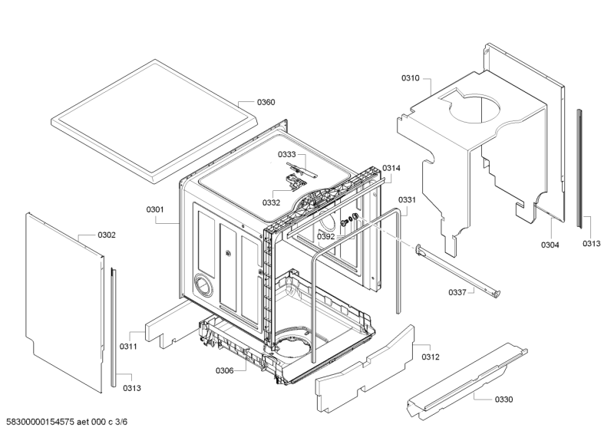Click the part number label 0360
point(266,102)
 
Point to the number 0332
point(271,202)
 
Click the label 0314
point(391,168)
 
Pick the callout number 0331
point(407,200)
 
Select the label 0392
point(325,237)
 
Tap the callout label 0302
point(107,235)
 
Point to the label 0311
point(127,347)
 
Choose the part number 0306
point(224,370)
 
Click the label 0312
point(431,356)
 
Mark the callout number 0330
point(503,399)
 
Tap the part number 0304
point(550,245)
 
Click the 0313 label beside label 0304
point(591,243)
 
